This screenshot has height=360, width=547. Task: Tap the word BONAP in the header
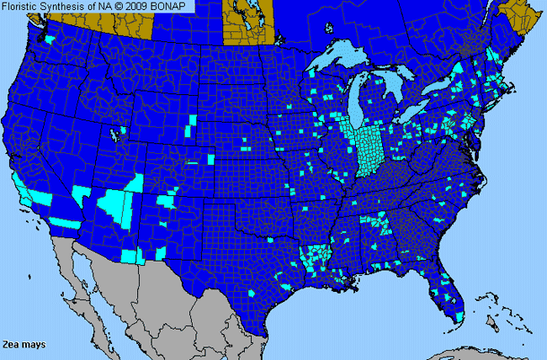pos(174,7)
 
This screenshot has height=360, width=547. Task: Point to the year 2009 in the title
pos(143,7)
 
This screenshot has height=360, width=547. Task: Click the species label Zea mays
pos(24,345)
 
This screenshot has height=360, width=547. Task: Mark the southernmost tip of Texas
pos(268,317)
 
